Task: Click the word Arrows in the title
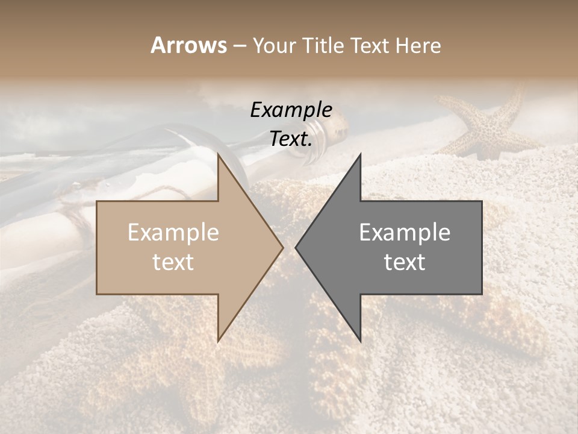[188, 45]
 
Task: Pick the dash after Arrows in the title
[239, 46]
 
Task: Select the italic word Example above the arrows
[291, 110]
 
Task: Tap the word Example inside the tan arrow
[173, 233]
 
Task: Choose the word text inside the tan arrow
[173, 262]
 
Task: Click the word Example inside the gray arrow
[405, 233]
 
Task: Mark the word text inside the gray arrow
[405, 262]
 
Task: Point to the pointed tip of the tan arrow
[282, 247]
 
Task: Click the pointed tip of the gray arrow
[296, 247]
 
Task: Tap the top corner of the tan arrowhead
[218, 154]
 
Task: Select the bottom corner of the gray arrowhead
[361, 341]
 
